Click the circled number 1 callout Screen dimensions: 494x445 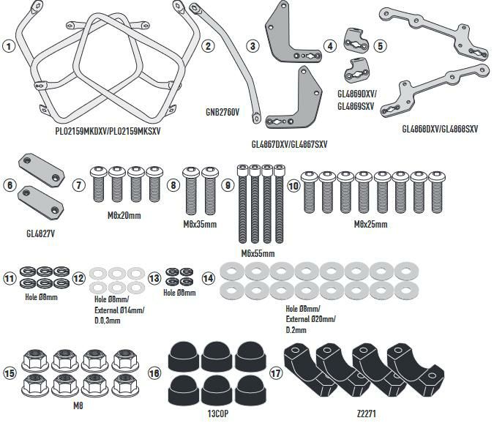9,46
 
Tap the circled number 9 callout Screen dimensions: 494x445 228,185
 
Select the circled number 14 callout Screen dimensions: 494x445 209,278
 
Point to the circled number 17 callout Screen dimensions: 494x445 276,373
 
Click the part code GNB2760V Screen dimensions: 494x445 222,112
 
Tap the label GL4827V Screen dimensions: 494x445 41,234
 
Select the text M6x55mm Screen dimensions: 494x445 258,253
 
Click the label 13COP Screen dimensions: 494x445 217,414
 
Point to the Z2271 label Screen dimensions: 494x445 367,414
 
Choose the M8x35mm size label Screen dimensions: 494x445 200,225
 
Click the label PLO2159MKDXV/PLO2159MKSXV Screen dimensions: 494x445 108,131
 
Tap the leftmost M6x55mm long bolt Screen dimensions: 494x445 242,203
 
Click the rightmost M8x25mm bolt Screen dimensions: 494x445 437,192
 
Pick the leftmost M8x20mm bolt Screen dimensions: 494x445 99,184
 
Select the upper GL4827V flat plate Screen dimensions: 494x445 42,171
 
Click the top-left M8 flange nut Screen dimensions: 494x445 35,360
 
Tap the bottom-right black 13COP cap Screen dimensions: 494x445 250,391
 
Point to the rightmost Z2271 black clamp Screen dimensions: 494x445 415,369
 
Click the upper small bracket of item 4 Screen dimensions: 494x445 356,40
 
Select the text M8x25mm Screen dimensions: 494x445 371,225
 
